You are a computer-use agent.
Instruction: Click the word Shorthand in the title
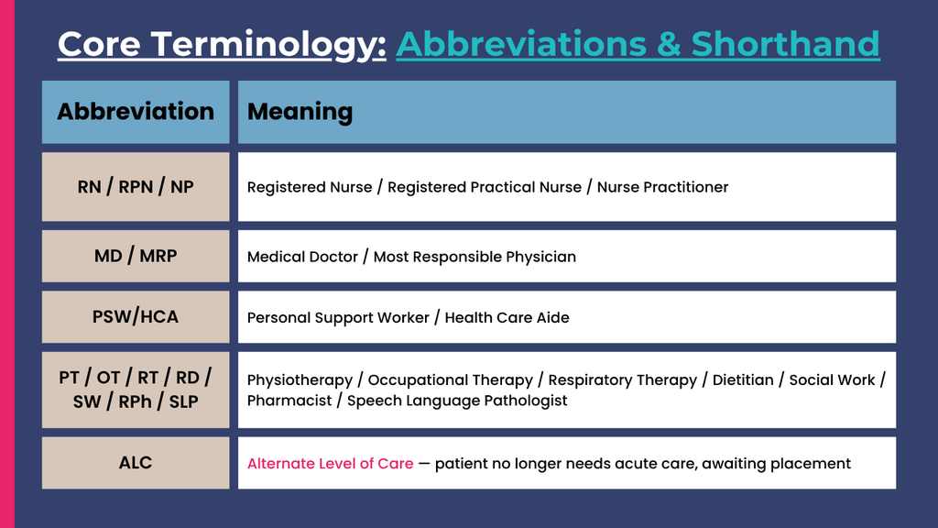coord(785,44)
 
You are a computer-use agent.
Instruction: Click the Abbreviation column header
coord(136,112)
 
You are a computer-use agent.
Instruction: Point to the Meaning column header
coord(567,112)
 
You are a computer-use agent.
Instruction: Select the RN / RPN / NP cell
coord(136,187)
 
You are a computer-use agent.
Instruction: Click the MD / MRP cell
coord(136,257)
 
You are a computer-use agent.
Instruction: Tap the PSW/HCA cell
coord(136,316)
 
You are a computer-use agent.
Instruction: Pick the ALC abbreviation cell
coord(136,463)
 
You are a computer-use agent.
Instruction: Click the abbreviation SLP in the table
coord(183,401)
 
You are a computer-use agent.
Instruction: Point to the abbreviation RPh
coord(136,402)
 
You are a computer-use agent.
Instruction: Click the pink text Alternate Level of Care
coord(330,463)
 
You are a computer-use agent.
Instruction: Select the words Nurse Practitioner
coord(663,187)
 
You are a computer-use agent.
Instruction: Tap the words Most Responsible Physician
coord(475,258)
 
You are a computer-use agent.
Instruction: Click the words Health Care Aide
coord(507,318)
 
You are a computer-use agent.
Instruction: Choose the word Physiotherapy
coord(300,380)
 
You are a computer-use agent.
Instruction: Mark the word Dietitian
coord(743,380)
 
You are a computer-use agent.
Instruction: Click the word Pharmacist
coord(289,401)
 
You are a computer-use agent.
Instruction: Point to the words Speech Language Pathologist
coord(457,401)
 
